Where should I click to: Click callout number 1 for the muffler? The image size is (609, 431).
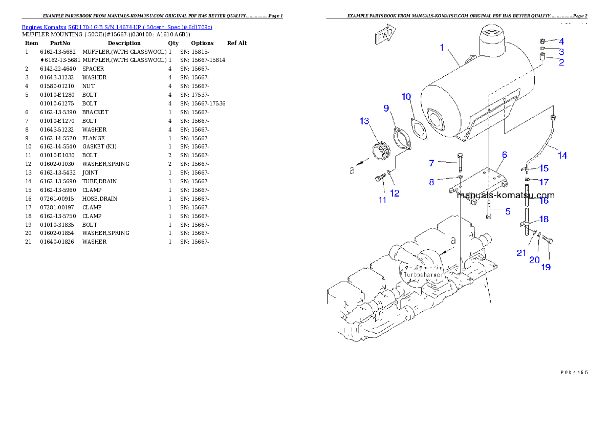(x=442, y=48)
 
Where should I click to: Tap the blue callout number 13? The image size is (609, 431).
(x=364, y=121)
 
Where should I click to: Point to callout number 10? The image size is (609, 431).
(x=406, y=97)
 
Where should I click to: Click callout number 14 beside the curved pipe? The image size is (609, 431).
(x=562, y=155)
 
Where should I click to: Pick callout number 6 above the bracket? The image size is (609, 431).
(x=504, y=155)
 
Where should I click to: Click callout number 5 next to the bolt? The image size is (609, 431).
(x=508, y=211)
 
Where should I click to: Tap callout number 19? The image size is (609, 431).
(x=546, y=267)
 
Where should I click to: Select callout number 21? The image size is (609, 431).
(x=521, y=252)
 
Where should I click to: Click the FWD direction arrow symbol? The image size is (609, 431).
(x=384, y=35)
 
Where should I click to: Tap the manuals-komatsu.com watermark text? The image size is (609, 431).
(x=505, y=195)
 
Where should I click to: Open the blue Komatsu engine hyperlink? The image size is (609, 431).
(x=117, y=27)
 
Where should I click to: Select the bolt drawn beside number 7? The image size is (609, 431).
(x=460, y=163)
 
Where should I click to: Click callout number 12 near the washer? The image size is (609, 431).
(x=395, y=193)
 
